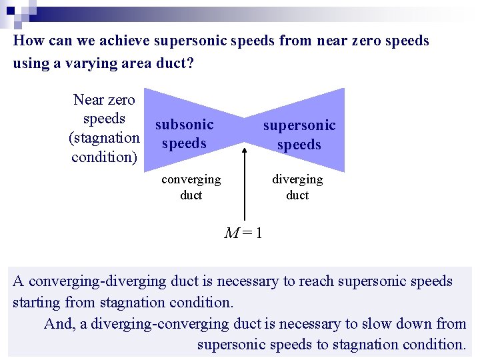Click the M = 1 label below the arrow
(x=243, y=233)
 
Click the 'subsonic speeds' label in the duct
(x=184, y=134)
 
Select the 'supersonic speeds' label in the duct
(x=299, y=135)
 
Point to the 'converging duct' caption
(x=191, y=187)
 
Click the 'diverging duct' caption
(x=297, y=187)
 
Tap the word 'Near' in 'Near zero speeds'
(x=87, y=100)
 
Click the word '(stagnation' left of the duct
(x=104, y=138)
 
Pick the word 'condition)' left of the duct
(x=104, y=157)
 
